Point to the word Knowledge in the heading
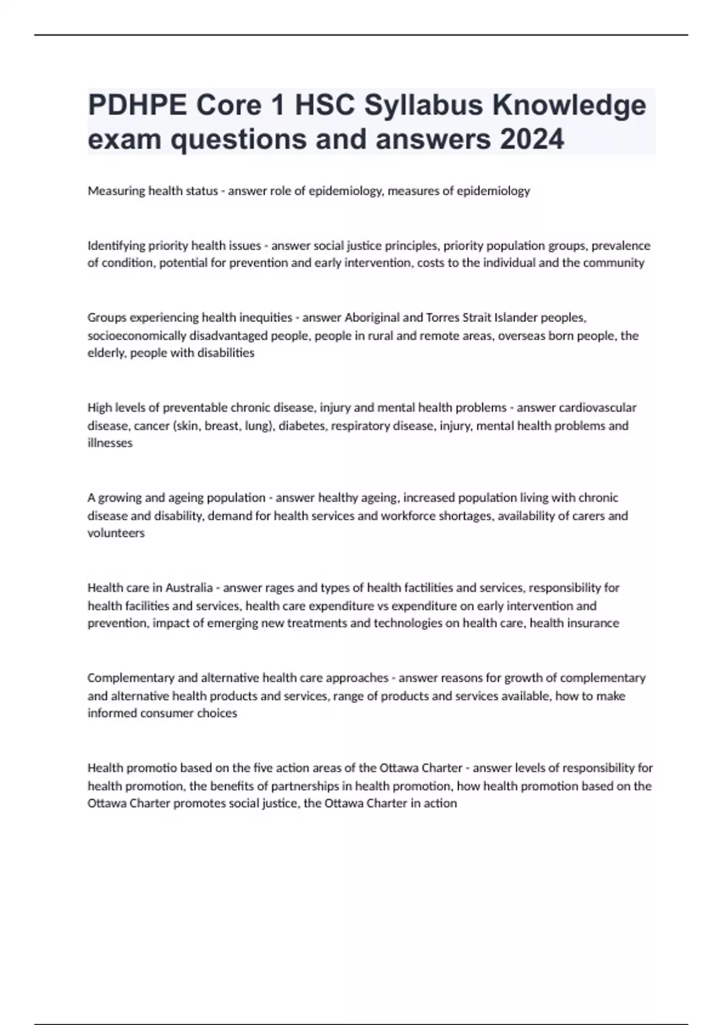[x=569, y=106]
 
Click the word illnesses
[x=110, y=443]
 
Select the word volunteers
[x=116, y=533]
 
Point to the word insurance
[x=592, y=623]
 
